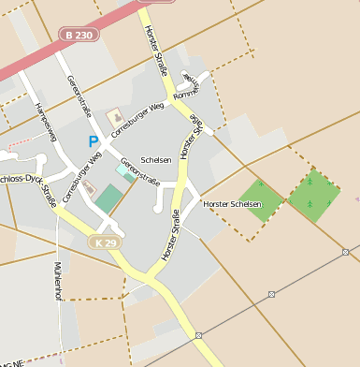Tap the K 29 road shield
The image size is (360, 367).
point(107,242)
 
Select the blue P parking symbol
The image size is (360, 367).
point(93,141)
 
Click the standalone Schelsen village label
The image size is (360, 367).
point(156,159)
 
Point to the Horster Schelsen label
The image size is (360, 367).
point(230,203)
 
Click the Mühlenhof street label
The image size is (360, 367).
point(58,281)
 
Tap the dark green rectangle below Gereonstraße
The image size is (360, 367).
point(108,198)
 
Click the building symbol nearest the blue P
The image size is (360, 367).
point(117,118)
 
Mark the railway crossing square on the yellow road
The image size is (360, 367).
point(199,334)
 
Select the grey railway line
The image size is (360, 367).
point(271,294)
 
